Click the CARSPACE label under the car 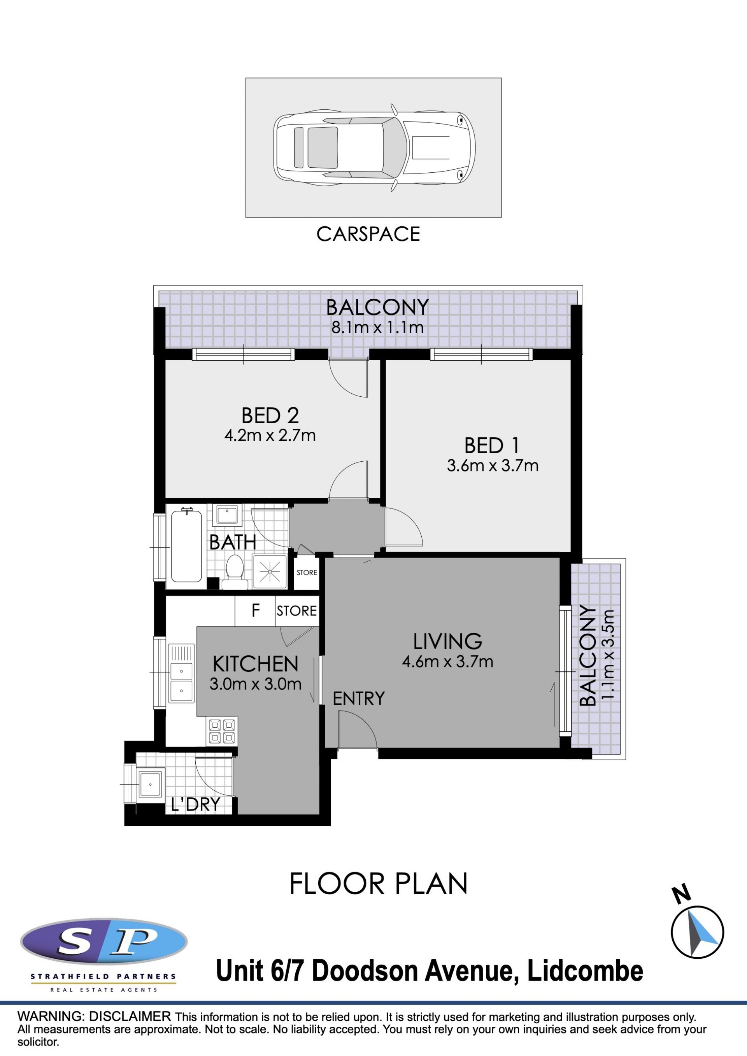click(x=368, y=234)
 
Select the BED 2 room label click(x=270, y=415)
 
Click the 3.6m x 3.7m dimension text click(x=492, y=466)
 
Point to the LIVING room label click(x=447, y=641)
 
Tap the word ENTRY click(x=358, y=699)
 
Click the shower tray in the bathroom click(x=270, y=572)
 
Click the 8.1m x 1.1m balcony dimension click(x=377, y=327)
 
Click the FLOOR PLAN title click(x=378, y=884)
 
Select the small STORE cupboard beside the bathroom click(x=306, y=573)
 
